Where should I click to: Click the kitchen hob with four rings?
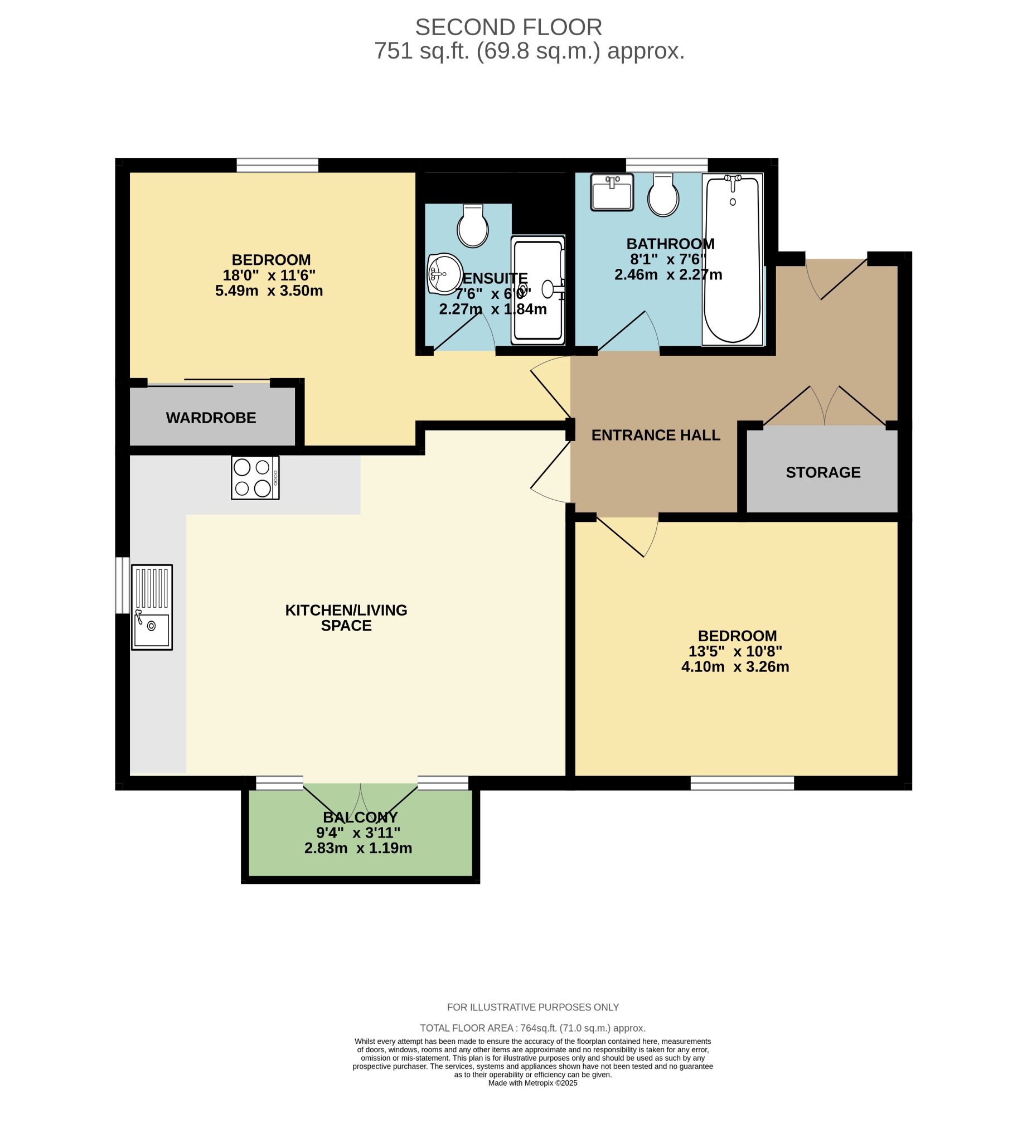pos(255,478)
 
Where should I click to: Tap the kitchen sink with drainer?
pos(152,607)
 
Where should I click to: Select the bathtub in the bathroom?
pos(732,259)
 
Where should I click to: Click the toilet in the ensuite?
pos(472,226)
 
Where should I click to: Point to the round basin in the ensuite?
pos(444,274)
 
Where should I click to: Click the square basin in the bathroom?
pos(612,192)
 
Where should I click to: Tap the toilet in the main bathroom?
pos(663,195)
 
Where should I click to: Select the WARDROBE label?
pos(211,418)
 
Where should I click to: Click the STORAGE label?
pos(823,472)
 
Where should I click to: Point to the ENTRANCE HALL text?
pos(656,435)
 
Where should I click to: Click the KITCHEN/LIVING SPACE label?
pos(346,618)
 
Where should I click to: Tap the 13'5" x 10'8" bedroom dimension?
pos(735,651)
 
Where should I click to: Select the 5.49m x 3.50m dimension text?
pos(269,291)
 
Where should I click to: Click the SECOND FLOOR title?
pos(508,27)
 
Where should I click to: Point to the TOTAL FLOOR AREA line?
pos(532,1028)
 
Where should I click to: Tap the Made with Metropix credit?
pos(532,1083)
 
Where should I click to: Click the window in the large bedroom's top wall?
pos(277,164)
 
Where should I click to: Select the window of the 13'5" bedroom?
pos(742,782)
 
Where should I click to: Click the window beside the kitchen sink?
pos(122,585)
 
